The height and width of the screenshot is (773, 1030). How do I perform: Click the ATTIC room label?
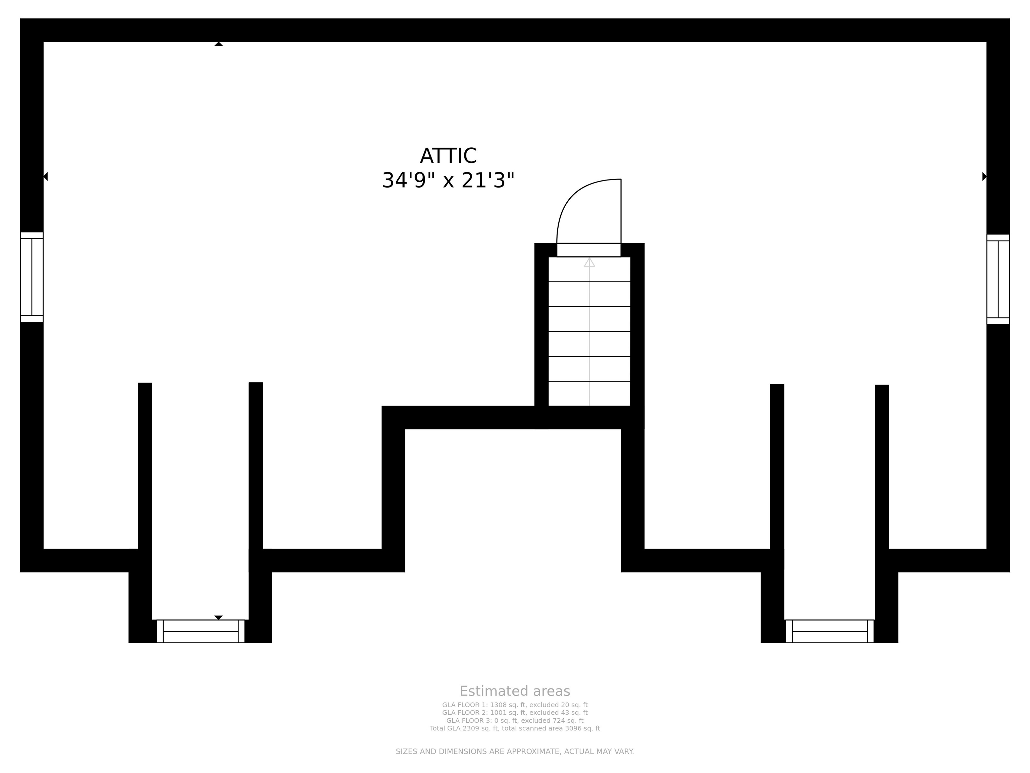(448, 156)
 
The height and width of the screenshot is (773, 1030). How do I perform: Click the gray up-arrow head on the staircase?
(589, 262)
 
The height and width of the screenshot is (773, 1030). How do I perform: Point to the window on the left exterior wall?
(32, 277)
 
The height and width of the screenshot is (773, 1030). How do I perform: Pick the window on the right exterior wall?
(998, 279)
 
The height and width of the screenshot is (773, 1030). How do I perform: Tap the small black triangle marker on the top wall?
(218, 44)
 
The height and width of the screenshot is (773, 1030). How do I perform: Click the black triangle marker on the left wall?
(46, 176)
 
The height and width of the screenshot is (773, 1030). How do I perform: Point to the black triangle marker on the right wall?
(984, 176)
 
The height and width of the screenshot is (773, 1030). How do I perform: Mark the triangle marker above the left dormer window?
(218, 617)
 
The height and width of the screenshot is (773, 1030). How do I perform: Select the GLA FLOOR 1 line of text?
(515, 705)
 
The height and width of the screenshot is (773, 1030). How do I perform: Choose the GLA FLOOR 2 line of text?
(515, 712)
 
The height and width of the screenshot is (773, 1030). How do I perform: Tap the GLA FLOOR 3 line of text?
(515, 720)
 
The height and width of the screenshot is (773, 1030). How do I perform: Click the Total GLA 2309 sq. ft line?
(515, 728)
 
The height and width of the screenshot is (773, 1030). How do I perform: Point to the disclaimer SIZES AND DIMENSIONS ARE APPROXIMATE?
(515, 751)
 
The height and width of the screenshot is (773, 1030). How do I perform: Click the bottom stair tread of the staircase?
(589, 394)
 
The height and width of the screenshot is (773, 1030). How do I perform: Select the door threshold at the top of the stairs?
(589, 250)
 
